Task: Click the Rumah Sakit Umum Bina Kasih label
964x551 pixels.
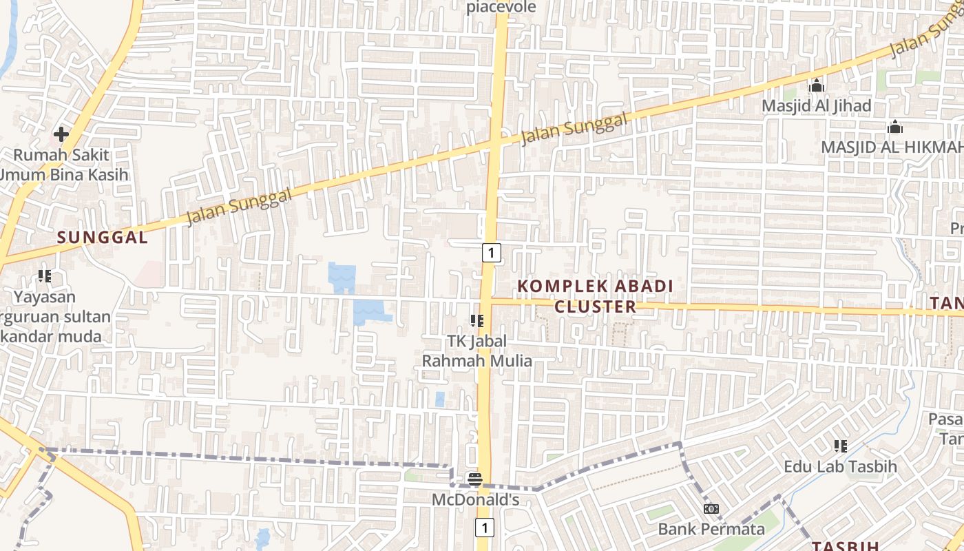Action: [64, 165]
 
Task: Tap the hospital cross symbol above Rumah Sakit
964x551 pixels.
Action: [61, 134]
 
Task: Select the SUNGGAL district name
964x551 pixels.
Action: [102, 238]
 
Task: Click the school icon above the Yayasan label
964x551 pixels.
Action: [45, 277]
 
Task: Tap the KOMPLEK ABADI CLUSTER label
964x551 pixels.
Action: [595, 296]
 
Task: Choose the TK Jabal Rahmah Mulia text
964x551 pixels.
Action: [476, 351]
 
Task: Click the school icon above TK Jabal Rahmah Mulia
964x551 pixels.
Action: [476, 320]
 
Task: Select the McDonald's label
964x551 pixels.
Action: [475, 499]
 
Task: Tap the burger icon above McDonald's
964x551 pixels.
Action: [474, 479]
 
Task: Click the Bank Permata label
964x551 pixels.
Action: [711, 529]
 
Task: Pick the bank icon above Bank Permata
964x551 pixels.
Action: [711, 509]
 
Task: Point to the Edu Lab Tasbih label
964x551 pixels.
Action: [840, 466]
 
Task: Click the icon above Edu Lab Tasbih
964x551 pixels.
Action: [840, 446]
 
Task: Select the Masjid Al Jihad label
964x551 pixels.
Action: [817, 105]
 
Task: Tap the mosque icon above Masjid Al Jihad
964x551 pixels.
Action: [817, 85]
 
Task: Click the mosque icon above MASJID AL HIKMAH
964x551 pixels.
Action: [895, 127]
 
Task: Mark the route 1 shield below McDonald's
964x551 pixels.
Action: [485, 528]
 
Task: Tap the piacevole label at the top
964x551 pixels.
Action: [501, 7]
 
